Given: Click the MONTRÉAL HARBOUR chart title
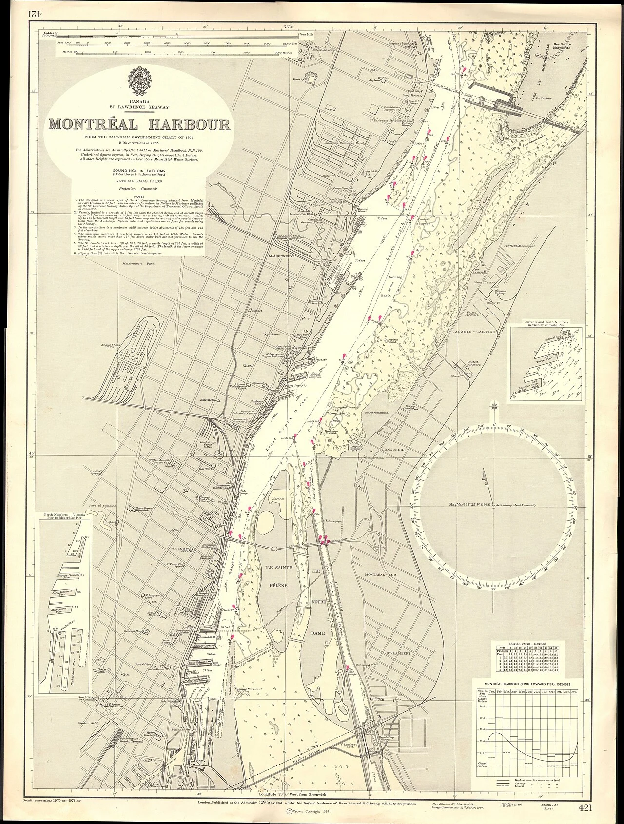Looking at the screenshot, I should coord(139,124).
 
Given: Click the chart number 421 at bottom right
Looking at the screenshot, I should coord(585,808).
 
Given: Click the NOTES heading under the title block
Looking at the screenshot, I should coord(138,196).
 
